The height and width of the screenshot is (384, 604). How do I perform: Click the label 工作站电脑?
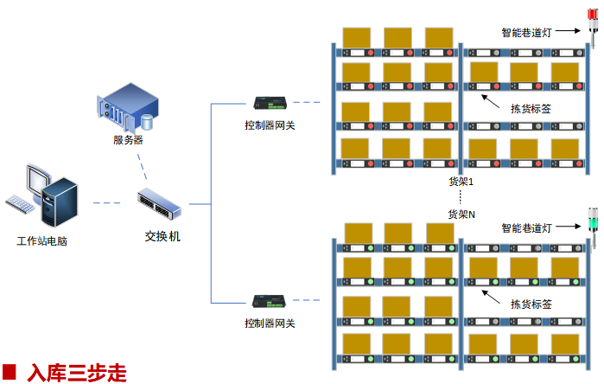tap(42, 240)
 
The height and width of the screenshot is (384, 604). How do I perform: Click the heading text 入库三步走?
tap(77, 373)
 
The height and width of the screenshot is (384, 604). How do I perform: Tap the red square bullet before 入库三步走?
tap(10, 373)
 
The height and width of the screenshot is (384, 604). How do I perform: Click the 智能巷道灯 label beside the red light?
tap(526, 33)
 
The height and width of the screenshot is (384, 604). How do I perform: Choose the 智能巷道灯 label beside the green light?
tap(526, 228)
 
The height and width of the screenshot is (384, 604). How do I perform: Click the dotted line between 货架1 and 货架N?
tap(461, 198)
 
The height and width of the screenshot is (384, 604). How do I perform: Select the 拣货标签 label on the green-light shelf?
tap(531, 304)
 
